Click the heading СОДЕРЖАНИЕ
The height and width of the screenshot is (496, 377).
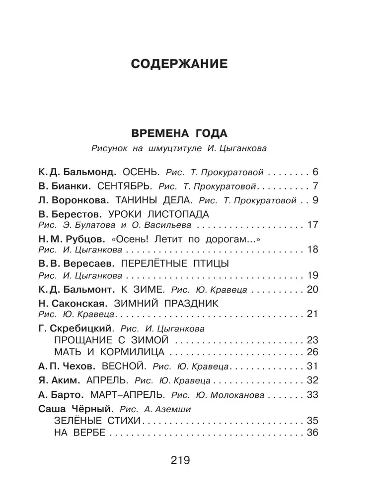click(178, 64)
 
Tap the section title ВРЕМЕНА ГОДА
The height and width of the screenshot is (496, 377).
click(178, 134)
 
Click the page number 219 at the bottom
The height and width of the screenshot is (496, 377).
click(180, 460)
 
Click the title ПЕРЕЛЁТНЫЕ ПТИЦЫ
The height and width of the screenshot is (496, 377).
click(175, 263)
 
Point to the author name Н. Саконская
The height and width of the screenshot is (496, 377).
click(71, 303)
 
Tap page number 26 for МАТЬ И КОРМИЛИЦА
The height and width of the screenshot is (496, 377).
click(312, 353)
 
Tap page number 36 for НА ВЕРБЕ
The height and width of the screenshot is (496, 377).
click(312, 433)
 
